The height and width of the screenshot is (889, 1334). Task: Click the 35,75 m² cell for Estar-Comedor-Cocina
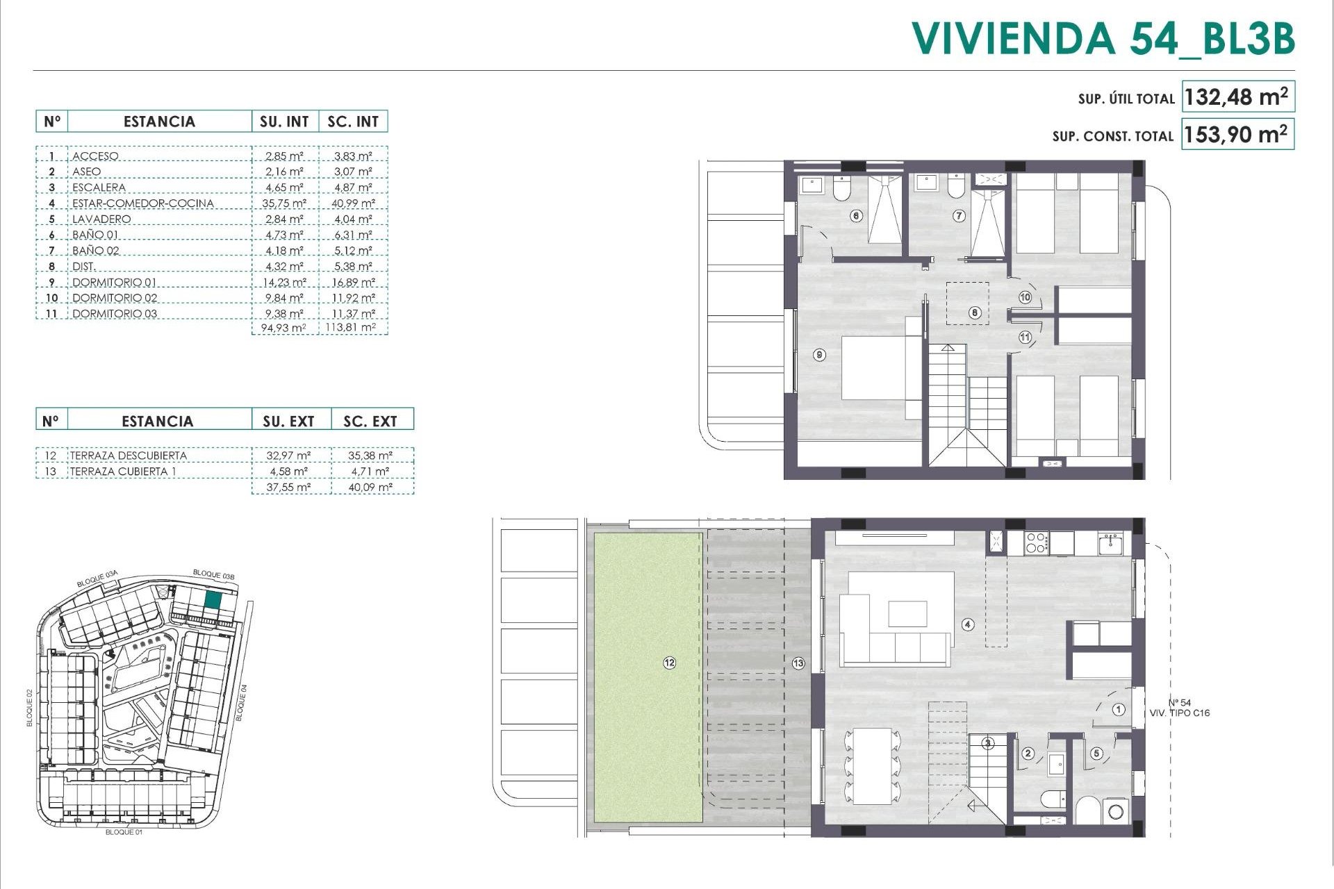pos(285,203)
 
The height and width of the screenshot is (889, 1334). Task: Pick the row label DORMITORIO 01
pos(114,282)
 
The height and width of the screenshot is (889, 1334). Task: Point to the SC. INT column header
pos(353,122)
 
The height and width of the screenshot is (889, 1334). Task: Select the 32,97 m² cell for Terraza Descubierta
pos(288,456)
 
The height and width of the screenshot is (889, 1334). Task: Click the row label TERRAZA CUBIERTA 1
pos(118,472)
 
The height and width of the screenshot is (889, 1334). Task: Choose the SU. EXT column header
pos(288,421)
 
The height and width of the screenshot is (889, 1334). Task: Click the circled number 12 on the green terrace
pos(669,663)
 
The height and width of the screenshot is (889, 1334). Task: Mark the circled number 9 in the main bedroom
pos(820,355)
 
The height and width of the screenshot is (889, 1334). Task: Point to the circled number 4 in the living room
pos(968,624)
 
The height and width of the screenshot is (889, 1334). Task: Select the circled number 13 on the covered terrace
pos(798,663)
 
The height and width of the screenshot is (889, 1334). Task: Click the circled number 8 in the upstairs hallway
pos(975,313)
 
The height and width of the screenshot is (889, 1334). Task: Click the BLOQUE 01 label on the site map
pos(124,831)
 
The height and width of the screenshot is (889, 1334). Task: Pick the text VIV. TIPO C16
pos(1179,713)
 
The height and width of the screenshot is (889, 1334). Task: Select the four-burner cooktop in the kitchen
pos(1036,542)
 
